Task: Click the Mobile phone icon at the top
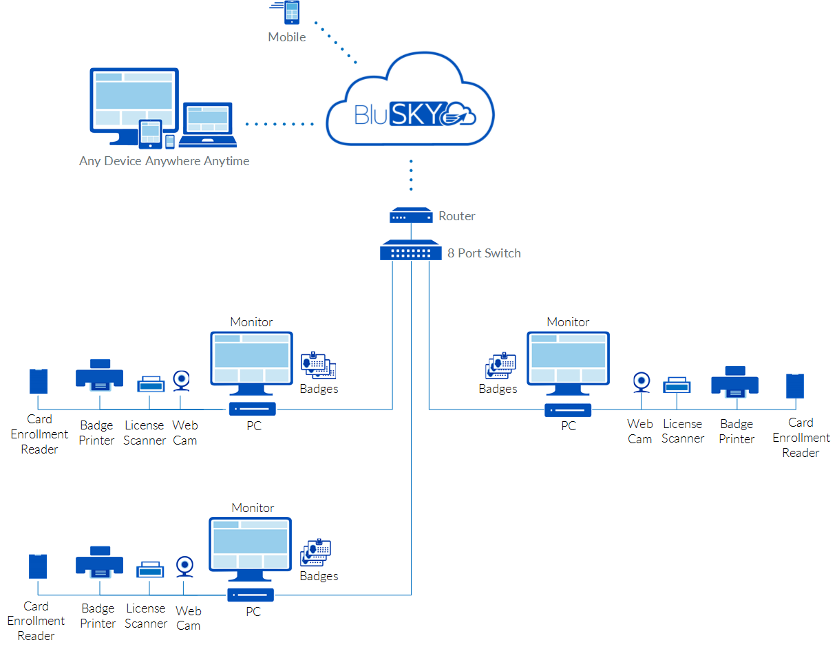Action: (292, 14)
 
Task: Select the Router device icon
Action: (410, 216)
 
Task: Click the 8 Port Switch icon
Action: (410, 250)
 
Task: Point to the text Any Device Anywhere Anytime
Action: (164, 161)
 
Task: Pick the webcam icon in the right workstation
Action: (642, 382)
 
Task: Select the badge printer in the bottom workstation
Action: (99, 562)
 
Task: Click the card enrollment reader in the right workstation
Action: (796, 385)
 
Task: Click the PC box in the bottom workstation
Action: (251, 595)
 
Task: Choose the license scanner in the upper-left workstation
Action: (151, 384)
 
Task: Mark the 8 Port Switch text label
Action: (484, 253)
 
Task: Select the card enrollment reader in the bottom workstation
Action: (38, 566)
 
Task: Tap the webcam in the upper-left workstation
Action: (181, 380)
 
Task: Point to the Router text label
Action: (457, 216)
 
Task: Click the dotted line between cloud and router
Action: (411, 175)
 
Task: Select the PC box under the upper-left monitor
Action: (253, 409)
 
